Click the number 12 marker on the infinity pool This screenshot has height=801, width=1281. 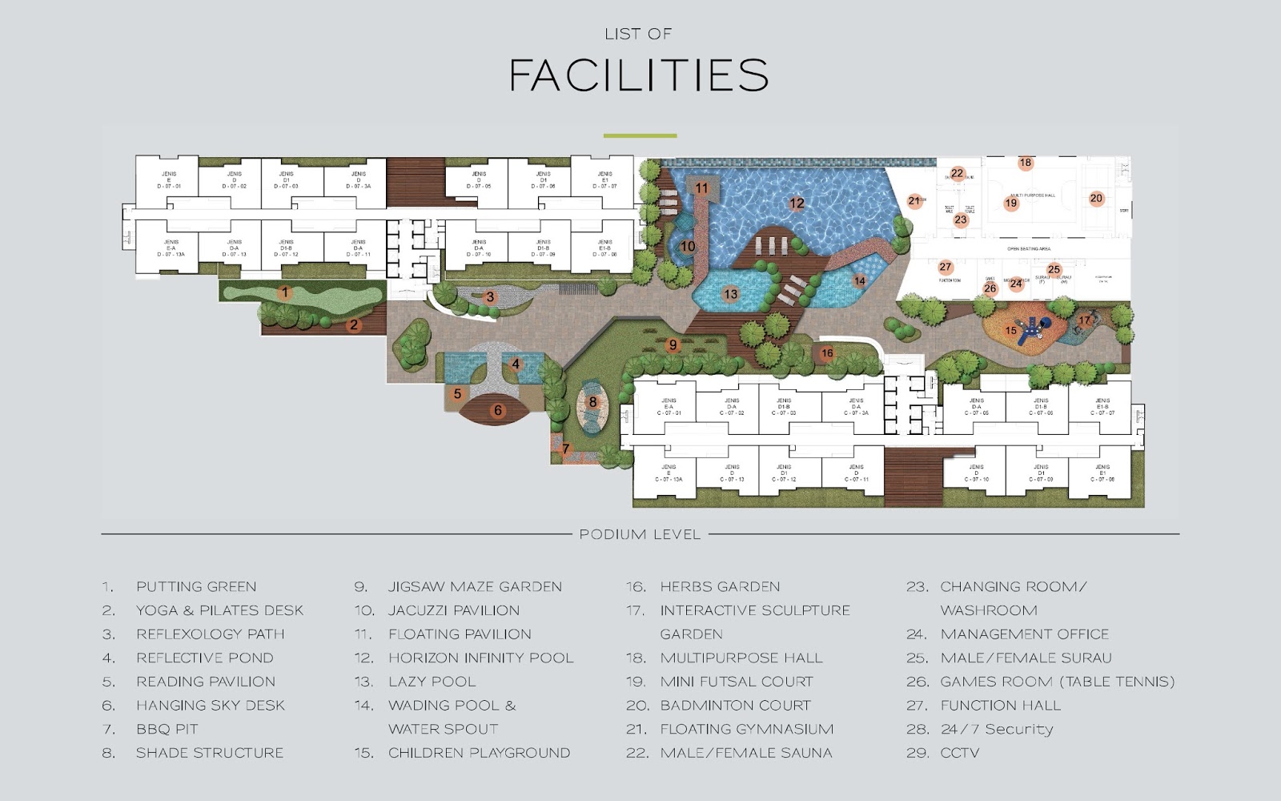pyautogui.click(x=797, y=203)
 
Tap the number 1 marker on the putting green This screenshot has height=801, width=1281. pyautogui.click(x=285, y=292)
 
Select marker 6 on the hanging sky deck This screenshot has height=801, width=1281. pyautogui.click(x=498, y=411)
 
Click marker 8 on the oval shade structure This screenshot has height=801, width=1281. pyautogui.click(x=592, y=402)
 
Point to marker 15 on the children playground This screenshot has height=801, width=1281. pyautogui.click(x=1011, y=330)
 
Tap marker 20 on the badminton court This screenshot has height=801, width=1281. pyautogui.click(x=1096, y=199)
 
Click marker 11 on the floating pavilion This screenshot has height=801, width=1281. pyautogui.click(x=702, y=189)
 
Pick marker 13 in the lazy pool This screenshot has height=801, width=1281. pyautogui.click(x=731, y=294)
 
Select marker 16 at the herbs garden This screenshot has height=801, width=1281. pyautogui.click(x=827, y=352)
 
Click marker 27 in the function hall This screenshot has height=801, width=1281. pyautogui.click(x=946, y=268)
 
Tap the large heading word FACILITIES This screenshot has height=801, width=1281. pyautogui.click(x=639, y=75)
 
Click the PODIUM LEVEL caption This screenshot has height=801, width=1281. pyautogui.click(x=640, y=534)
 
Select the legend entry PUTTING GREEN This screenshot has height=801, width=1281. pyautogui.click(x=196, y=587)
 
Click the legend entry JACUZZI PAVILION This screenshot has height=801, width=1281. pyautogui.click(x=454, y=610)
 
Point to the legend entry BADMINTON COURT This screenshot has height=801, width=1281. pyautogui.click(x=735, y=706)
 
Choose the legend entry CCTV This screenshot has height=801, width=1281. pyautogui.click(x=960, y=753)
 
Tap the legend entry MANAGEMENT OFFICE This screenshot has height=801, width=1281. pyautogui.click(x=1025, y=634)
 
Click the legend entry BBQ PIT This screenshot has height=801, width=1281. pyautogui.click(x=167, y=729)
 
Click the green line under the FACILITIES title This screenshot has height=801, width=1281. pyautogui.click(x=640, y=136)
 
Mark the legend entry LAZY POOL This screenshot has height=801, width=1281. pyautogui.click(x=432, y=682)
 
